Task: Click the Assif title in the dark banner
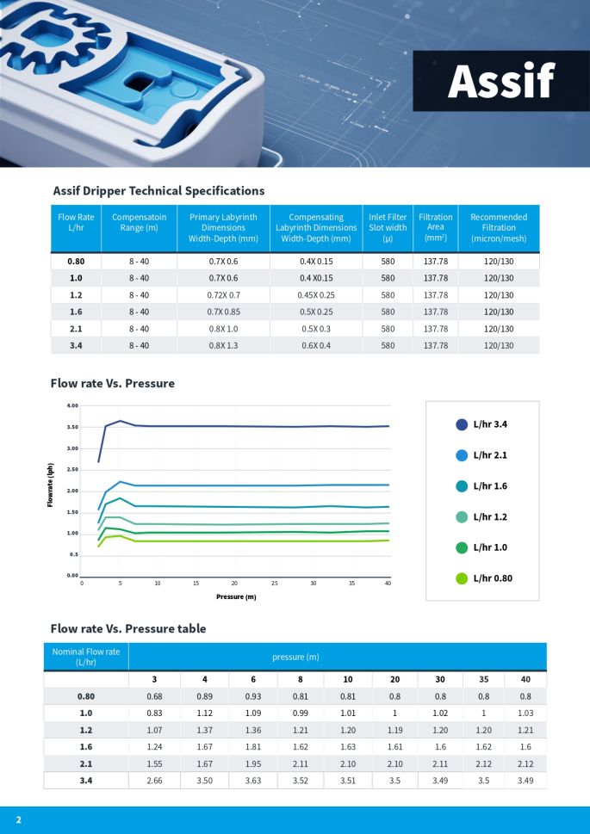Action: point(500,82)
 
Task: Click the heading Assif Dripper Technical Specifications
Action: point(158,191)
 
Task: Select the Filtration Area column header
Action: point(435,228)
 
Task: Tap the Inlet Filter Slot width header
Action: point(388,228)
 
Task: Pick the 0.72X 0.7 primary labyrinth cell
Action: point(223,294)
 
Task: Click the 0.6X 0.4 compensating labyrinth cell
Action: point(315,345)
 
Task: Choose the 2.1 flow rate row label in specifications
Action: point(77,329)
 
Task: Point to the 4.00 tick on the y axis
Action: point(72,405)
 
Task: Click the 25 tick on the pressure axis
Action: point(275,584)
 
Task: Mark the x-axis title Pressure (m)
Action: point(236,596)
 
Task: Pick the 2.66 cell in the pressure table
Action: point(154,781)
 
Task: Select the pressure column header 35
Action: point(484,680)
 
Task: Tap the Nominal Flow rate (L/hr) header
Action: point(85,657)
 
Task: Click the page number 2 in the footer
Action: point(18,819)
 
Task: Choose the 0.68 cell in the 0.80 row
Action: point(154,696)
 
